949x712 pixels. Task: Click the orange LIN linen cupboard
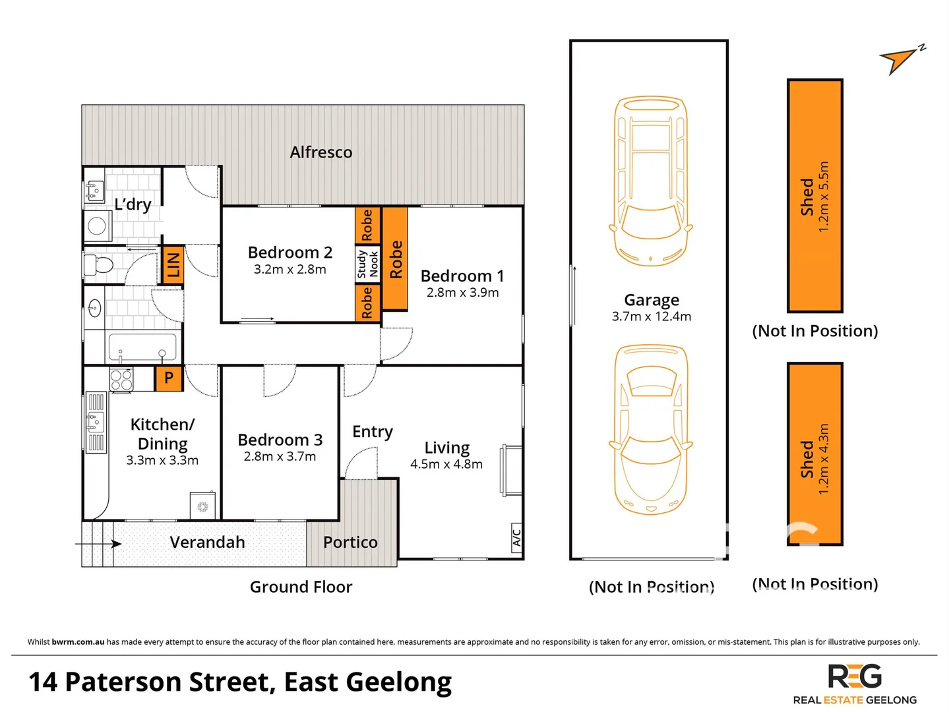[x=173, y=265]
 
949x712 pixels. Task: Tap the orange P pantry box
[x=169, y=378]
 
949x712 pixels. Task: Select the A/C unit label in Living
[x=516, y=538]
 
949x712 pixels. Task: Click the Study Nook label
[x=367, y=264]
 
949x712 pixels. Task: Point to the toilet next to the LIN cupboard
[x=99, y=265]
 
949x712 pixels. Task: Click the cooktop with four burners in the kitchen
[x=121, y=380]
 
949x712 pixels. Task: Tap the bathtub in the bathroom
[x=142, y=347]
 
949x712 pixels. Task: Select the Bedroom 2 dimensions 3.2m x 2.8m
[x=290, y=270]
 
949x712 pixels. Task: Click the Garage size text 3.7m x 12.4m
[x=651, y=316]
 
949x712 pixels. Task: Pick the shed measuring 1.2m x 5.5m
[x=814, y=196]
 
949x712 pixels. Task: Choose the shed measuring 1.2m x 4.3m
[x=814, y=454]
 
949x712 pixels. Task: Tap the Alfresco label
[x=321, y=152]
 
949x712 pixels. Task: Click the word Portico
[x=350, y=543]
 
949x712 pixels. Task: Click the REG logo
[x=855, y=677]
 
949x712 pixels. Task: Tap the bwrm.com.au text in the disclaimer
[x=78, y=642]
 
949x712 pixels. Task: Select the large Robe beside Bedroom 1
[x=395, y=259]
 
